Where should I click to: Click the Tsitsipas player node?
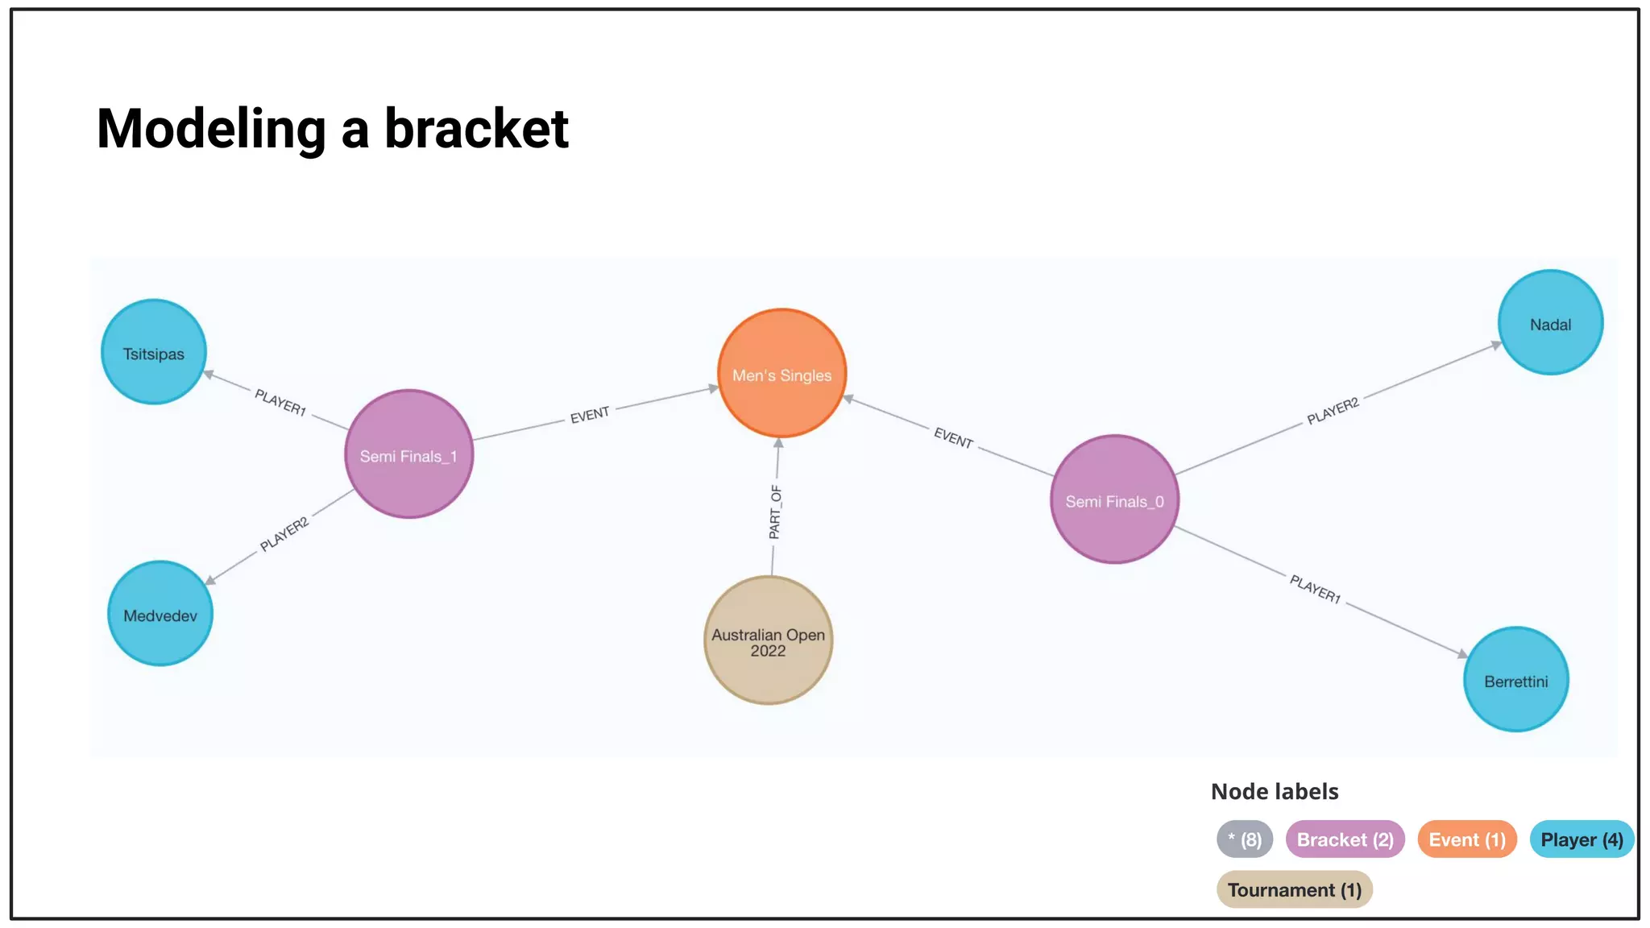coord(154,352)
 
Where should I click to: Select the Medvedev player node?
coord(160,614)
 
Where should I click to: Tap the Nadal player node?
coord(1550,322)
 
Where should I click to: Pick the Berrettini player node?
coord(1515,680)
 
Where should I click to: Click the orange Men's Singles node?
coord(781,374)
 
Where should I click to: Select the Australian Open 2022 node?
coord(768,640)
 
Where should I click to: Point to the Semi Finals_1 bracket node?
coord(408,454)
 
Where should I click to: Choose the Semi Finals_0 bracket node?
coord(1114,499)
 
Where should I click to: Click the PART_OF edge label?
coord(775,512)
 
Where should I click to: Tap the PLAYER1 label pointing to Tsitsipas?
coord(280,402)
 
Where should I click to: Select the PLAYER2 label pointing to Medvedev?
coord(284,535)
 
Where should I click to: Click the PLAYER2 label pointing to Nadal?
coord(1333,411)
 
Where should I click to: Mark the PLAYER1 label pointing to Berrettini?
coord(1315,589)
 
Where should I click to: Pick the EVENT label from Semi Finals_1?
coord(590,415)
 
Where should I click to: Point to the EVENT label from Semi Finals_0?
coord(953,437)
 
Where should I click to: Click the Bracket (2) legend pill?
coord(1345,839)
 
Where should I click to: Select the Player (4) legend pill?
coord(1582,839)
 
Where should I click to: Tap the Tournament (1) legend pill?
coord(1294,889)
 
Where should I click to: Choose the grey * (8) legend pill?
coord(1245,839)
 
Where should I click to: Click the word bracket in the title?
coord(476,129)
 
